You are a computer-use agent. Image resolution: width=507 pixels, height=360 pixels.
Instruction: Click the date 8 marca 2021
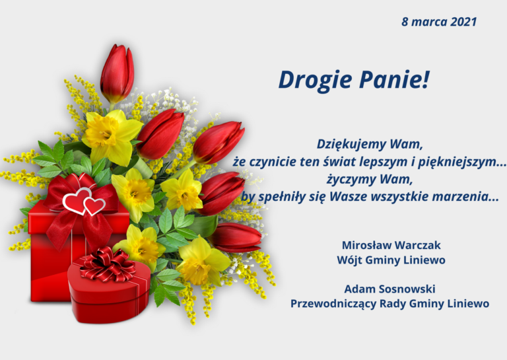[x=438, y=22]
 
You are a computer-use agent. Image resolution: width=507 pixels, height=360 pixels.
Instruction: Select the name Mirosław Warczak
[x=391, y=245]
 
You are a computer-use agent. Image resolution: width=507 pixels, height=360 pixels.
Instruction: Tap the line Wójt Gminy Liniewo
[x=391, y=260]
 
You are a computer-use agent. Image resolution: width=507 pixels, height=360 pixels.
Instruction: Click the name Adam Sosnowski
[x=389, y=289]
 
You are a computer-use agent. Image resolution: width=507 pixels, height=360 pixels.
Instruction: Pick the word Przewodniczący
[x=333, y=304]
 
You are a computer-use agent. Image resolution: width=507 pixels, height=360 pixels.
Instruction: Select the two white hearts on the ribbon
[x=84, y=201]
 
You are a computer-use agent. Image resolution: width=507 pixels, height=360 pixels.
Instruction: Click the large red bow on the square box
[x=76, y=210]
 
